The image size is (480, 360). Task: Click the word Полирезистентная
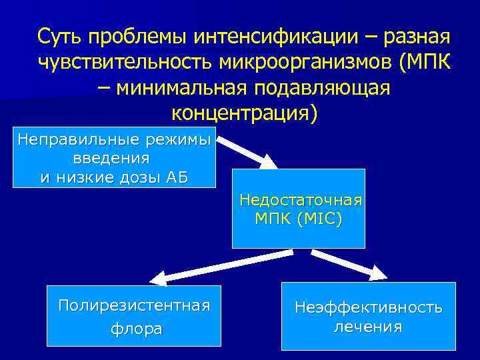(134, 305)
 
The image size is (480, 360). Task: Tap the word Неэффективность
(369, 307)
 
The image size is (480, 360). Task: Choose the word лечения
(368, 327)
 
